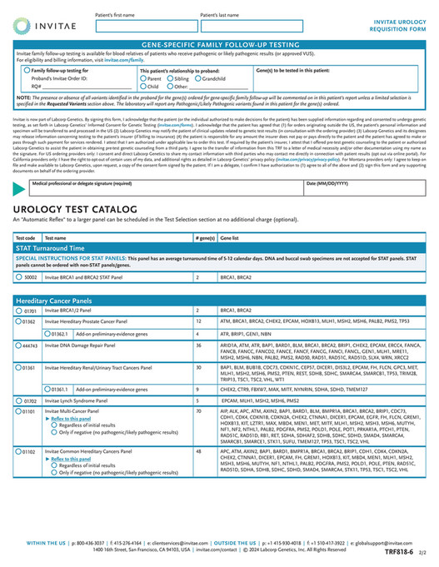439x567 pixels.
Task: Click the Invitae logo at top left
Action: pos(45,27)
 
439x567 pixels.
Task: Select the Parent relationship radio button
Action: pos(143,78)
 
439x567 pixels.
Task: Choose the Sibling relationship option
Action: pos(170,78)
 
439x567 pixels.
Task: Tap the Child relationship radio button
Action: pos(143,86)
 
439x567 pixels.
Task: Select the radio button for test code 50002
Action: pos(20,276)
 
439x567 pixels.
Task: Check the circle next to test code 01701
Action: pos(20,310)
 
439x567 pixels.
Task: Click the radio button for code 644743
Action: pos(20,344)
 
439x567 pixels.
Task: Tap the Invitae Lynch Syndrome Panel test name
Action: pos(86,400)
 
